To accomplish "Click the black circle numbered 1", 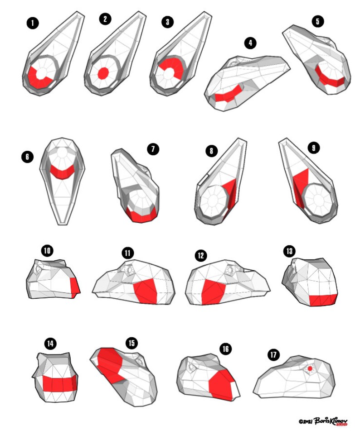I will (x=32, y=23).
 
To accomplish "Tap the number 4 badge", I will (x=250, y=43).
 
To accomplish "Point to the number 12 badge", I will (x=201, y=256).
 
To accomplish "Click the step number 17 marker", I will (x=273, y=355).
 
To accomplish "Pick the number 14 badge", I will (x=50, y=344).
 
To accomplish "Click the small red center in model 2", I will (x=104, y=72).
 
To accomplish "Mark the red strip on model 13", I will (x=323, y=299).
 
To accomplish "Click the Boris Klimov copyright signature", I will (x=323, y=421).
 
